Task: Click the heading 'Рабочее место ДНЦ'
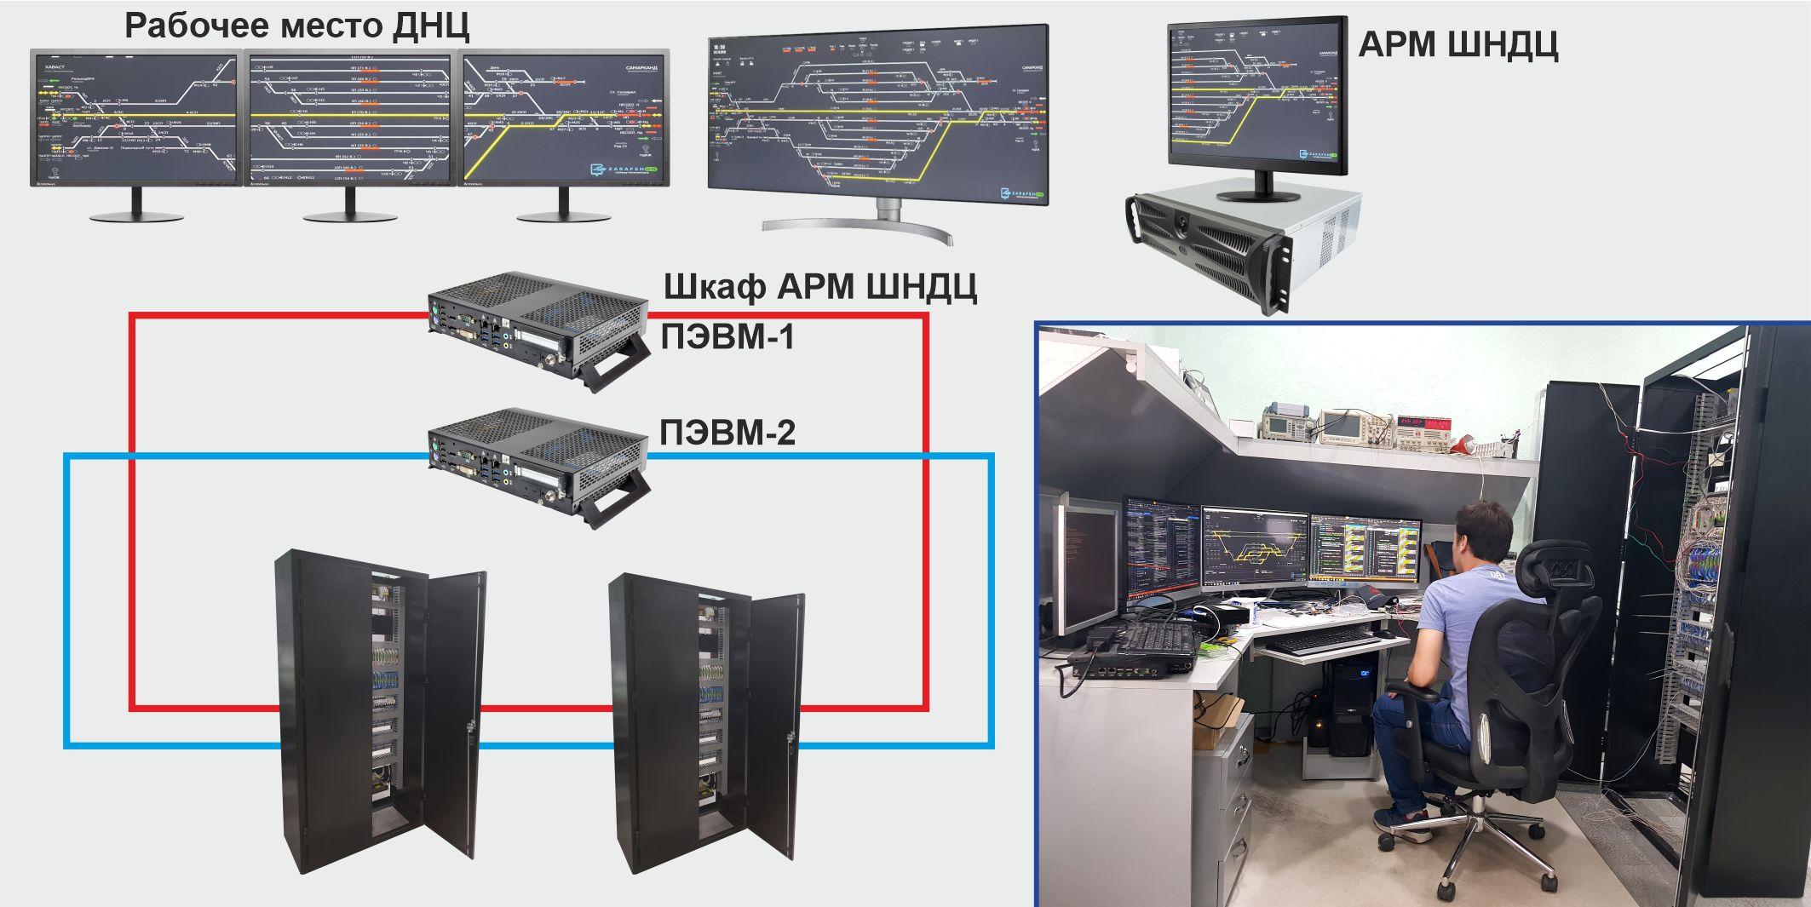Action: pyautogui.click(x=296, y=26)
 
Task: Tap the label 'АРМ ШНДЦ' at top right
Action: pyautogui.click(x=1457, y=44)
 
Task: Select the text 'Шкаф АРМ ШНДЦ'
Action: pyautogui.click(x=819, y=288)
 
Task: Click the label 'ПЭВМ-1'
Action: pyautogui.click(x=727, y=338)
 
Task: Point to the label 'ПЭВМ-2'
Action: pyautogui.click(x=727, y=433)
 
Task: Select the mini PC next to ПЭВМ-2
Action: pyautogui.click(x=538, y=465)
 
